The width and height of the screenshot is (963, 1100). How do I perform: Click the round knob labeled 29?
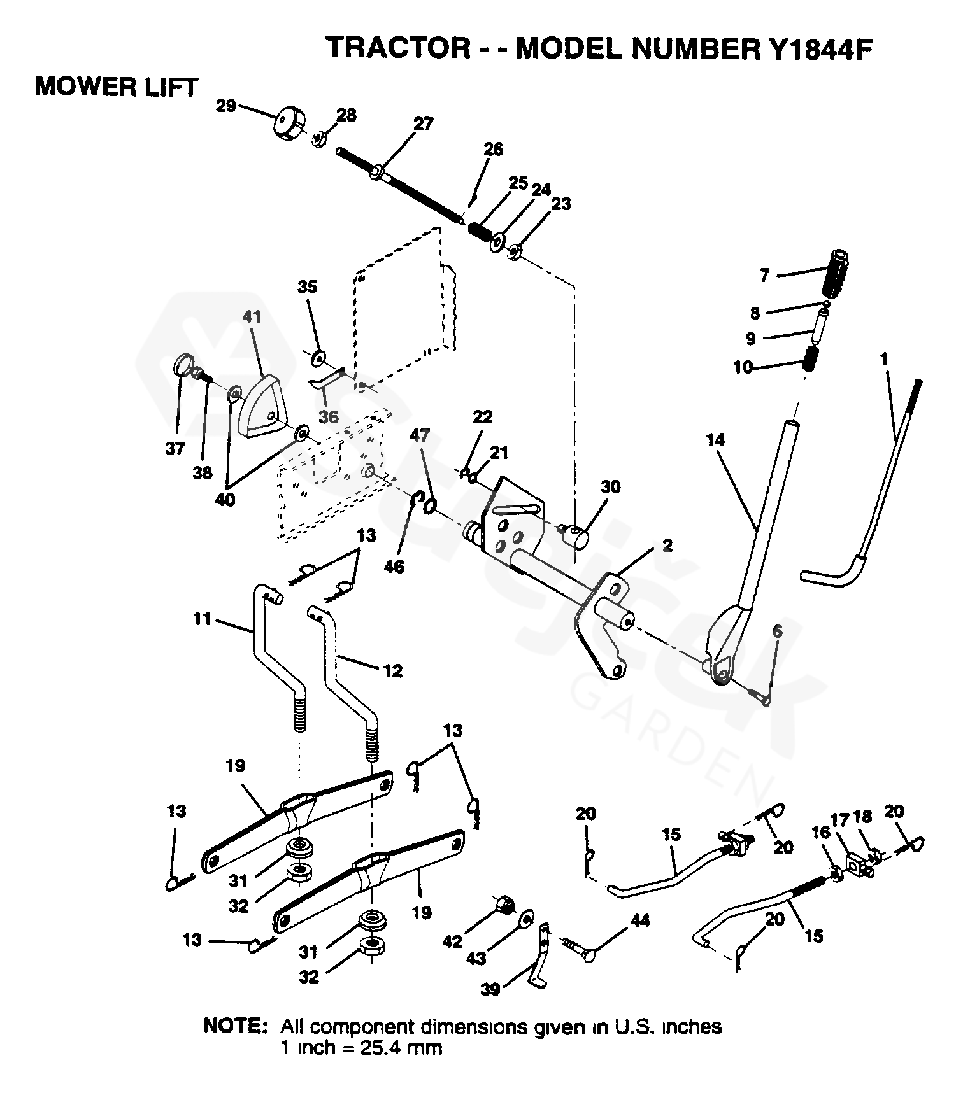click(x=290, y=124)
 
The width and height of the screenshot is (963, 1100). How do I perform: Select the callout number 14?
click(x=715, y=439)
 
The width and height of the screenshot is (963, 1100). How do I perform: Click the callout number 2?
click(x=667, y=546)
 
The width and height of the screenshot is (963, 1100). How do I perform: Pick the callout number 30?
click(x=610, y=487)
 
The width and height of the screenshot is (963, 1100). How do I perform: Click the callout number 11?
click(x=202, y=618)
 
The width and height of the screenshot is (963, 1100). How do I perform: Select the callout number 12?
click(x=393, y=670)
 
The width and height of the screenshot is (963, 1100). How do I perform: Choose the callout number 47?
click(x=420, y=435)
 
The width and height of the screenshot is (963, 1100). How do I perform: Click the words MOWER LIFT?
click(x=117, y=87)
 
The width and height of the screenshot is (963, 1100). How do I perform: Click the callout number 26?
click(x=493, y=149)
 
